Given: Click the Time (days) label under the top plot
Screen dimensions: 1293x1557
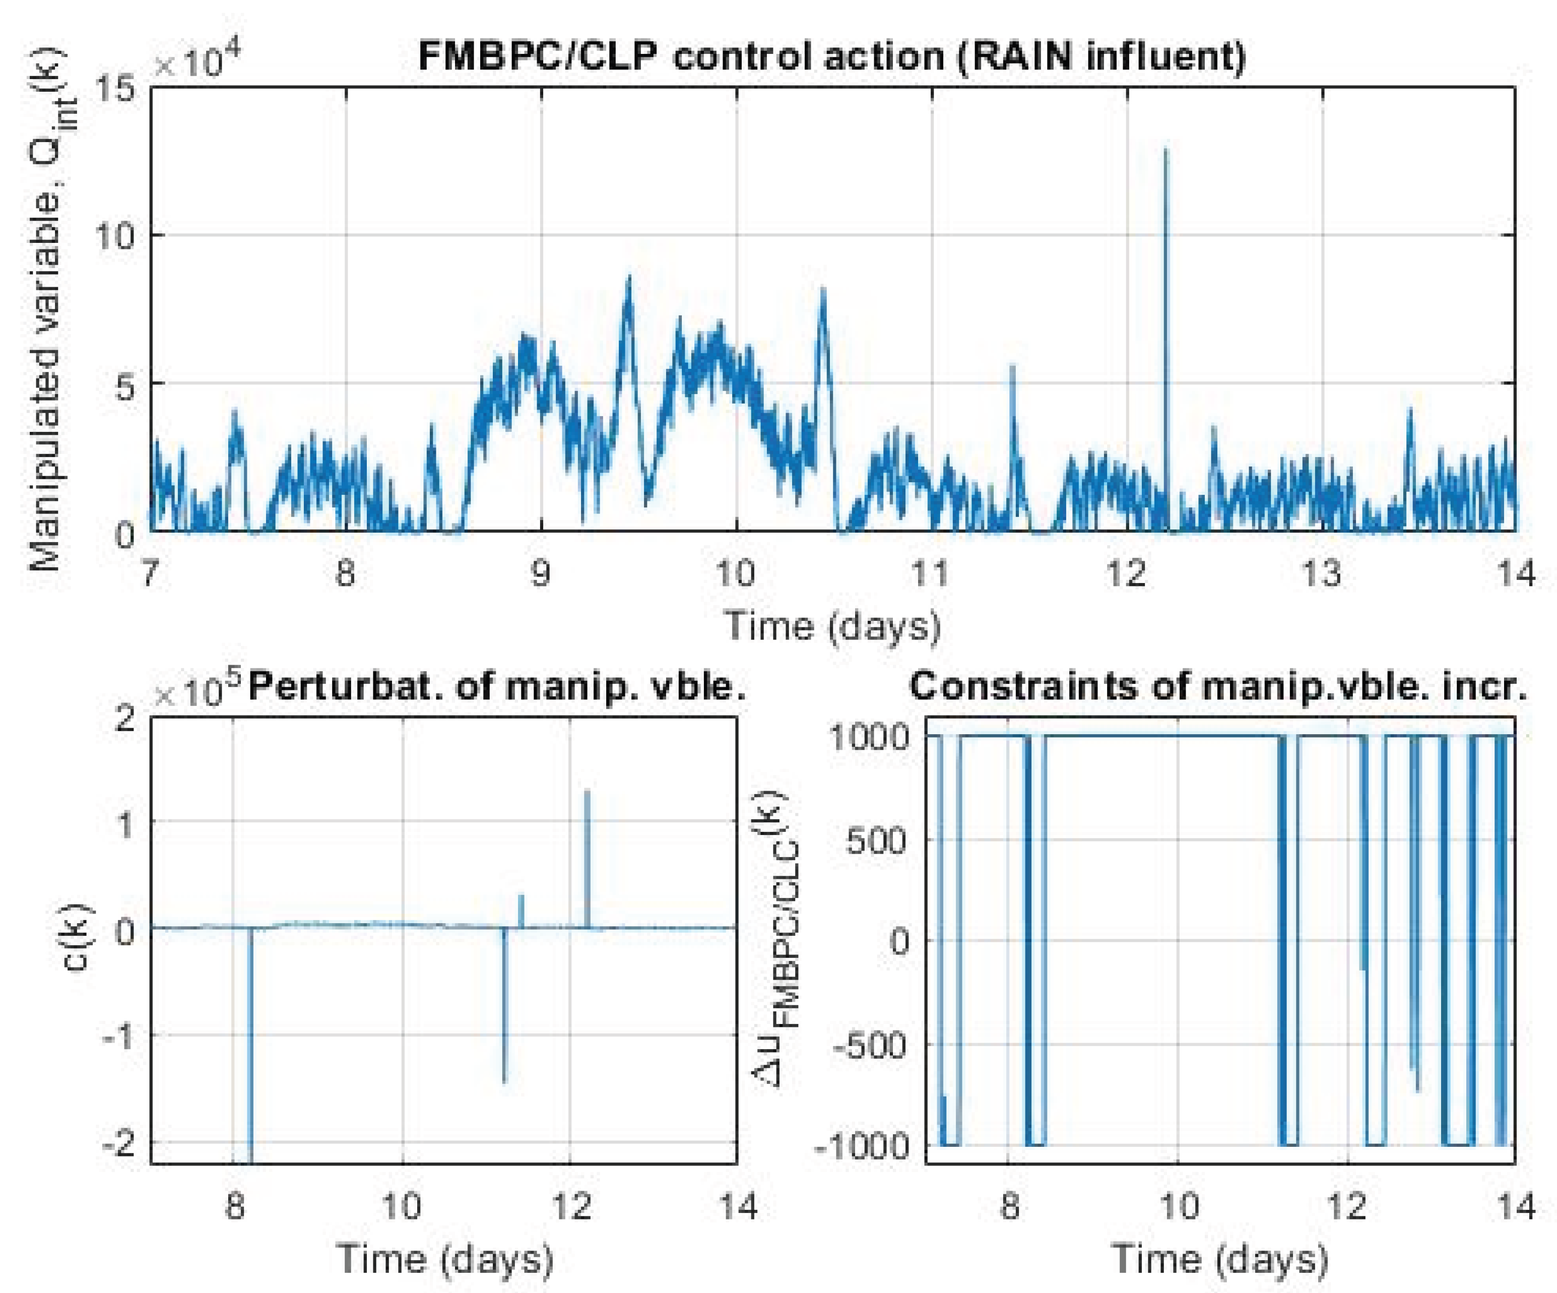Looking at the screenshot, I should tap(832, 625).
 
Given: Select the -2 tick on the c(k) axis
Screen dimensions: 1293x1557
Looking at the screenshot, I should tap(118, 1142).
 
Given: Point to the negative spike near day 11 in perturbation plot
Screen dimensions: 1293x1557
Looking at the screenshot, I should tap(504, 1079).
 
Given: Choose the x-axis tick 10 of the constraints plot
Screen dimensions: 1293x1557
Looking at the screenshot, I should tap(1178, 1206).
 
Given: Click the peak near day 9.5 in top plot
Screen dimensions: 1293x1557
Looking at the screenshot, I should tap(629, 279).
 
